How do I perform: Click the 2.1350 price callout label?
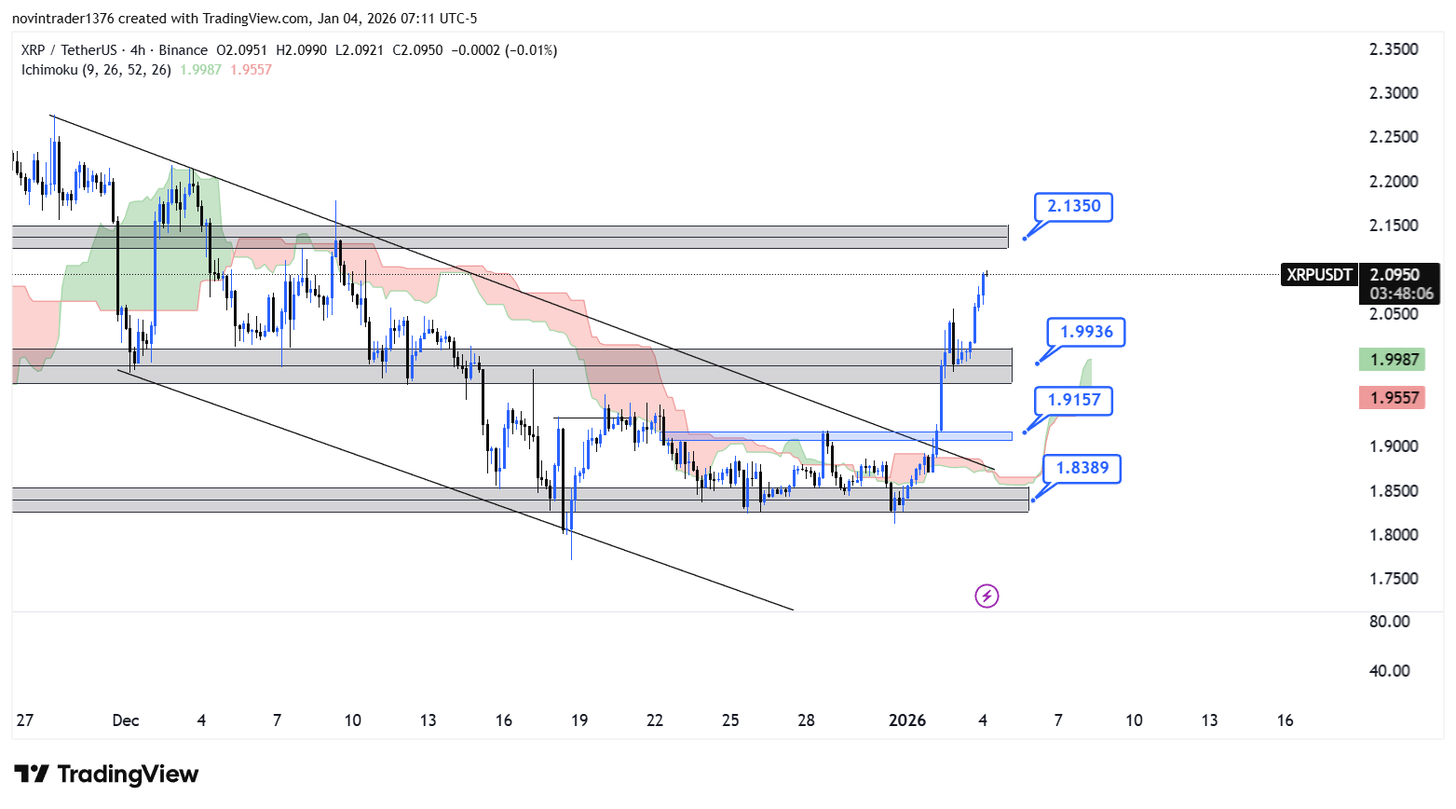point(1073,206)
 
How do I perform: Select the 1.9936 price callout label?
point(1085,332)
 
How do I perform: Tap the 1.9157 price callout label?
point(1073,400)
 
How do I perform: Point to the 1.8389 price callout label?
point(1082,468)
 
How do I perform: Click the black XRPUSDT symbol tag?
point(1318,275)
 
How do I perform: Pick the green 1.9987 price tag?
point(1393,360)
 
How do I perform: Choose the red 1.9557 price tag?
point(1393,398)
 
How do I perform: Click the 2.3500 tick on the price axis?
point(1393,49)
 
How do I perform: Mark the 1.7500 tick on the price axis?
point(1393,579)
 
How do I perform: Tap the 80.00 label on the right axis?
point(1389,622)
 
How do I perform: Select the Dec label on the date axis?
point(125,720)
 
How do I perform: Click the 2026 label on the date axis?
point(906,720)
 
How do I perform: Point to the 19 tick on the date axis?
point(579,720)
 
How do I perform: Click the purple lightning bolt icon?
point(987,596)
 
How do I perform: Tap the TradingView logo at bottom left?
point(106,775)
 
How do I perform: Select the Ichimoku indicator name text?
point(48,70)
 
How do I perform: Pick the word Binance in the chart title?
point(183,50)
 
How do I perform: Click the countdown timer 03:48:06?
point(1401,294)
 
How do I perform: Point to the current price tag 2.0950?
point(1395,275)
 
